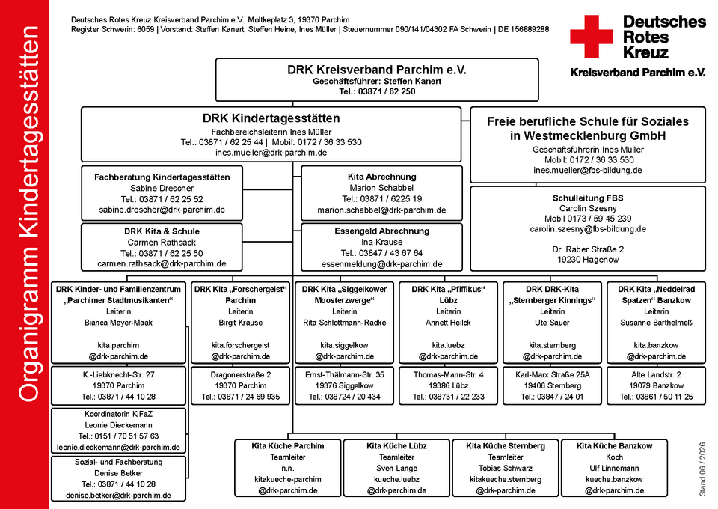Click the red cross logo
pos(591,37)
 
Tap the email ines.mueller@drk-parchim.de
pos(271,153)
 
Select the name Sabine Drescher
pos(162,189)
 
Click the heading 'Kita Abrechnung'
pos(382,177)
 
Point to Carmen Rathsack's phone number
pos(162,253)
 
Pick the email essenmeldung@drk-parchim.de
pos(382,264)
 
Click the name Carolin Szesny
pos(588,208)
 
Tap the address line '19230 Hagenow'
pos(588,260)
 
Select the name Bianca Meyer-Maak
pos(119,323)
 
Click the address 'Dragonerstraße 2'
pos(241,375)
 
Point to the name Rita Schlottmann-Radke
pos(344,323)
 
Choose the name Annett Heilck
pos(448,323)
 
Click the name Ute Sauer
pos(552,323)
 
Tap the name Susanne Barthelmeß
pos(656,323)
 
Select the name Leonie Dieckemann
pos(119,425)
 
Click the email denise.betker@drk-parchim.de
pos(119,496)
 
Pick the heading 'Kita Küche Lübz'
pos(396,446)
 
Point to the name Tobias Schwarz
pos(506,469)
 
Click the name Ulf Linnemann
pos(614,469)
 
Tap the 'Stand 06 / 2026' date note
pos(702,469)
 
